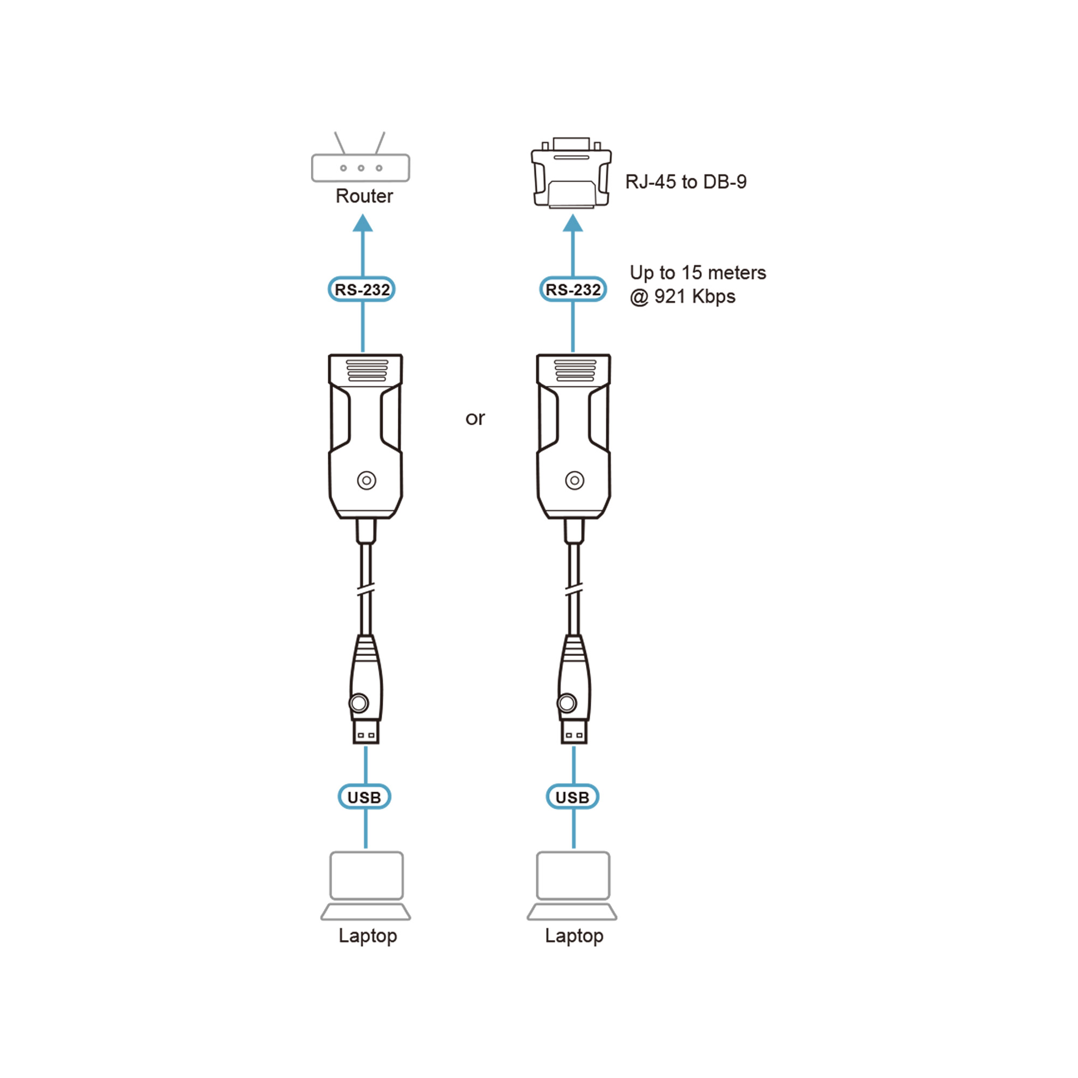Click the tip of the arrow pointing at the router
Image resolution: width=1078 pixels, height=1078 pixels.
click(x=363, y=215)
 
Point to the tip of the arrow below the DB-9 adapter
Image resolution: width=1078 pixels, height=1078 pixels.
click(x=572, y=215)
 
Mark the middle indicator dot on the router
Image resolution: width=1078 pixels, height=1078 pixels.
click(x=361, y=168)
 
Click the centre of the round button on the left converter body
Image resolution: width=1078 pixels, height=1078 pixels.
click(x=367, y=480)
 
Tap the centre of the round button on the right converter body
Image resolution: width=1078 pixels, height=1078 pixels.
click(x=574, y=480)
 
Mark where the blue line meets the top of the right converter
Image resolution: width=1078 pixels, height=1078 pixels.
click(x=573, y=353)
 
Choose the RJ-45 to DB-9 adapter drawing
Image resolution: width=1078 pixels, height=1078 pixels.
click(x=571, y=173)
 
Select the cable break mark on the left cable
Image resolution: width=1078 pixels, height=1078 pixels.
click(x=365, y=589)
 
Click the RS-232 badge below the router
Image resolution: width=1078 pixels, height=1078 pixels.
click(x=362, y=289)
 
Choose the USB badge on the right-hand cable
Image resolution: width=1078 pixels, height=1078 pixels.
click(x=572, y=797)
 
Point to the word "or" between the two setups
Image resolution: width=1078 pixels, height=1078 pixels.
click(x=475, y=418)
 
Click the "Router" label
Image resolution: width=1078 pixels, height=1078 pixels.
click(x=364, y=196)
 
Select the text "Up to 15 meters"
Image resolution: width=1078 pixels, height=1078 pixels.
click(x=697, y=272)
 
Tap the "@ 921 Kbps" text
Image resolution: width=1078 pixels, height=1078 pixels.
click(x=682, y=296)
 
